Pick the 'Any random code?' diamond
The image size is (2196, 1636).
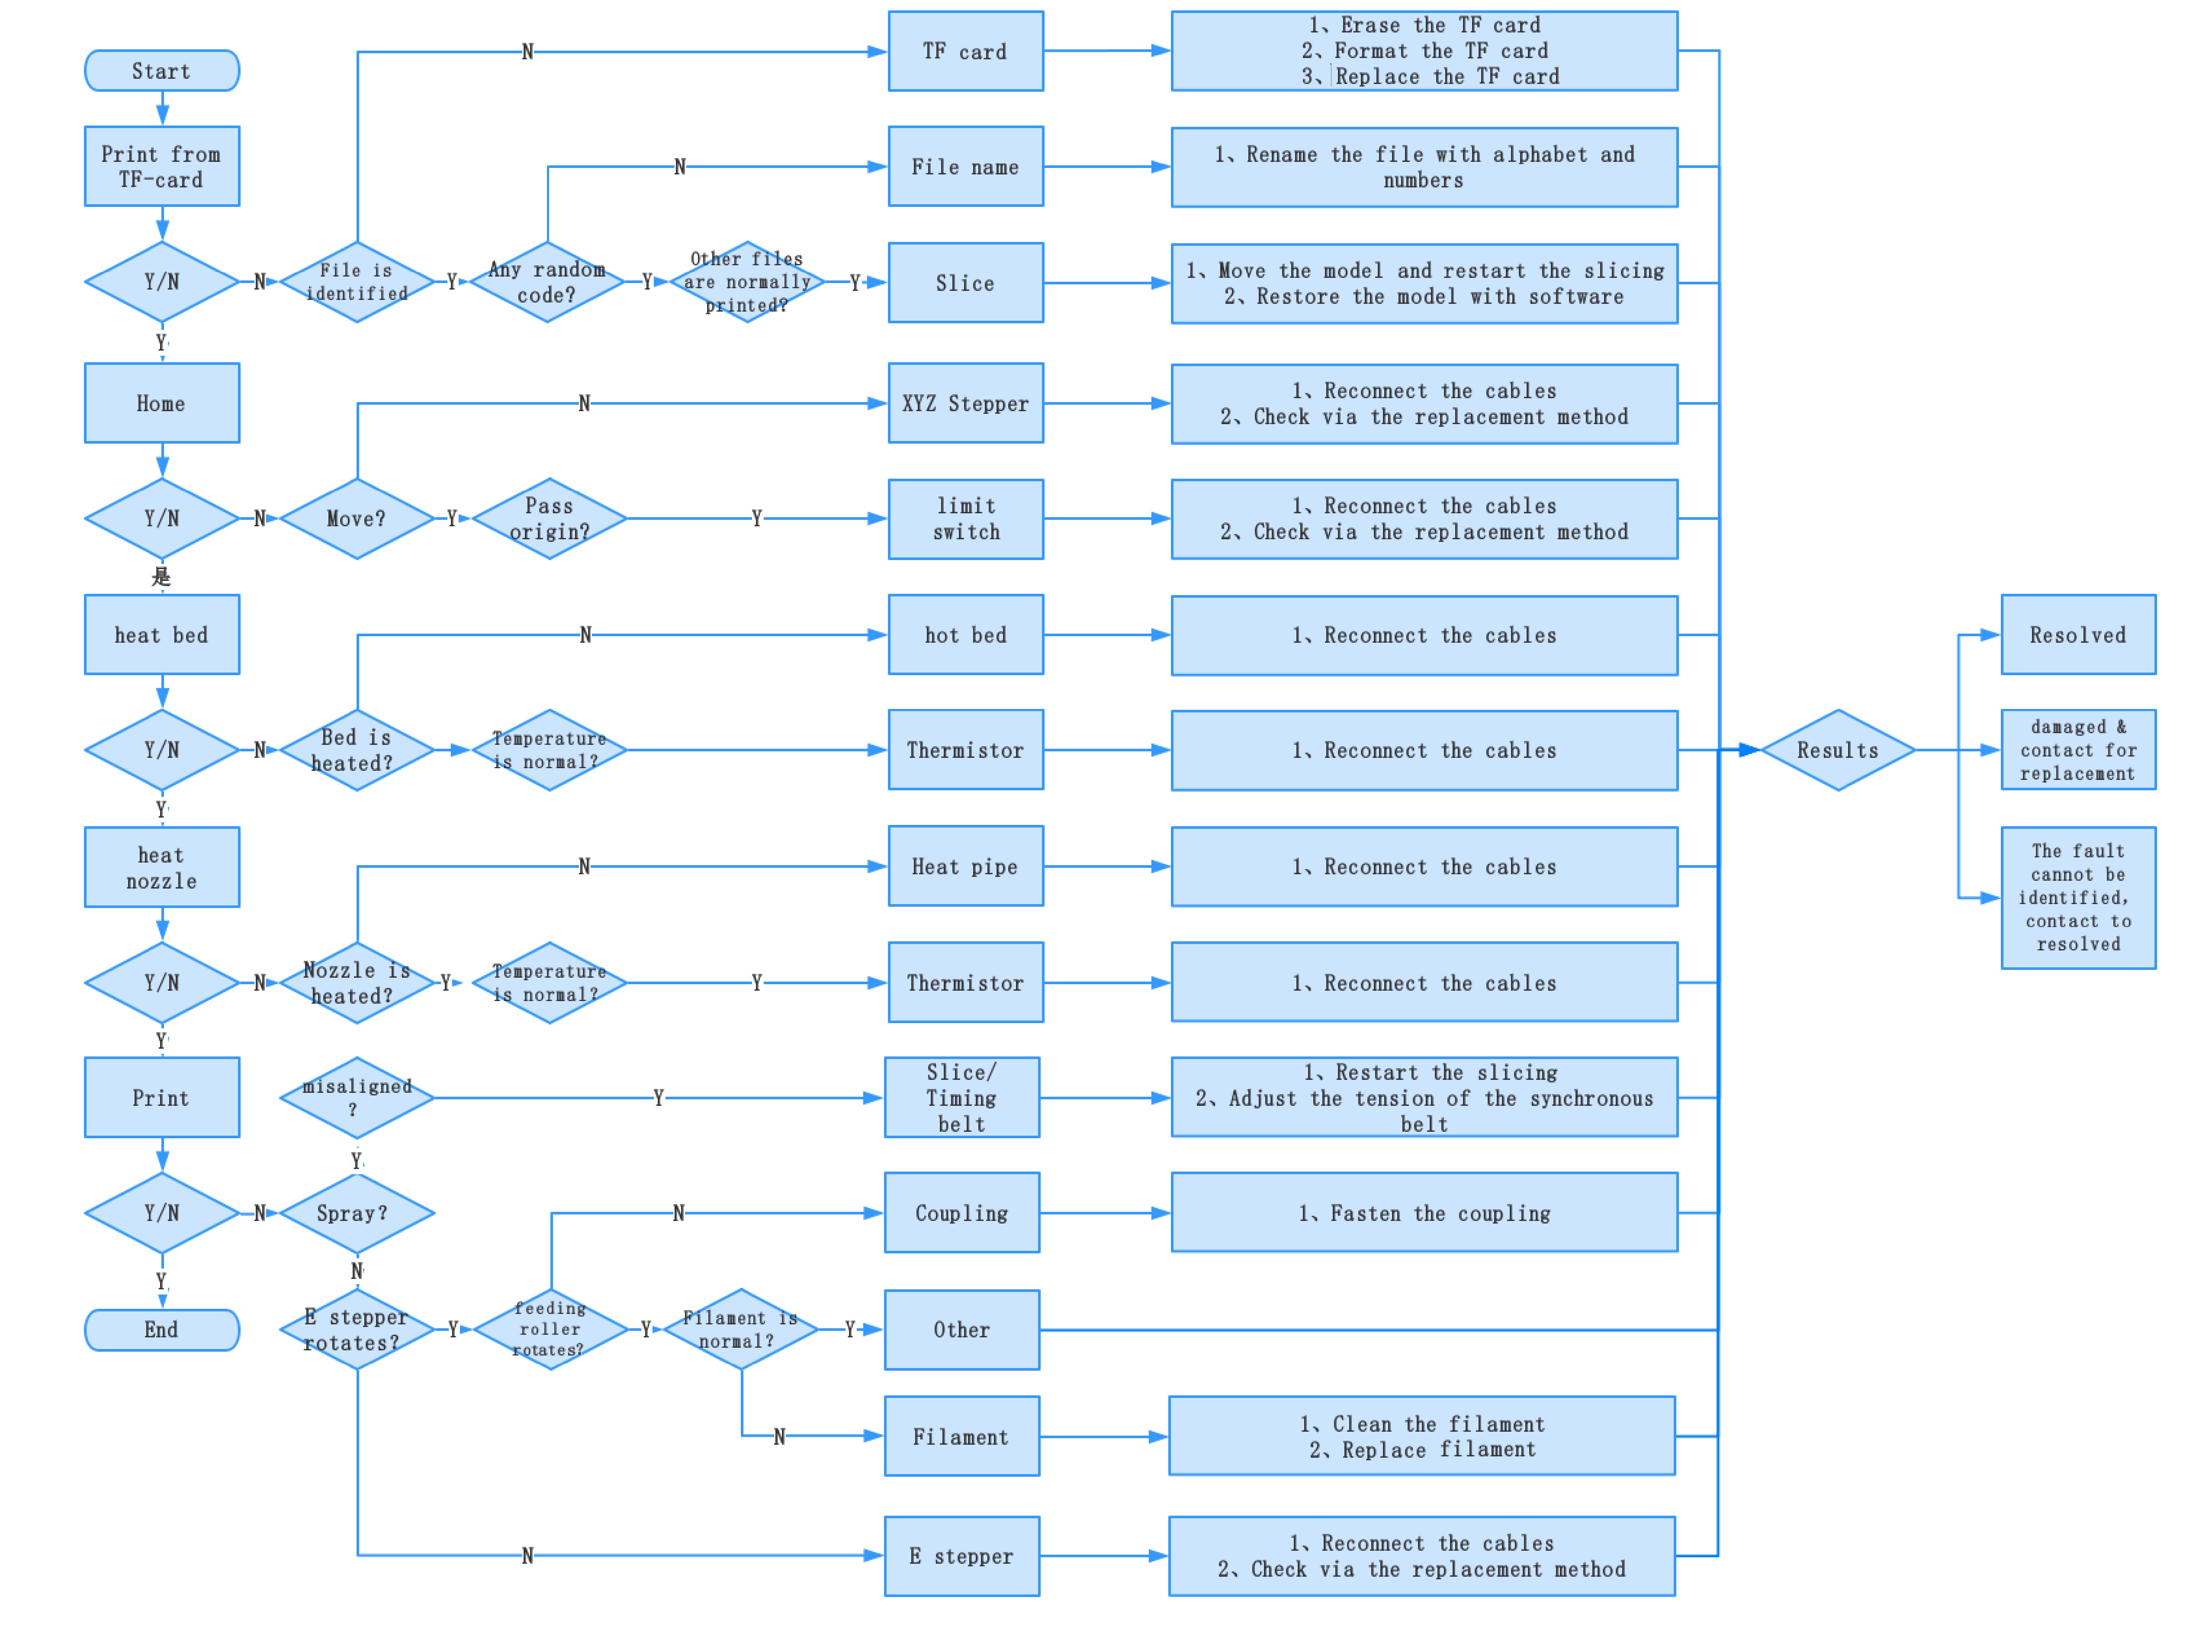click(x=547, y=282)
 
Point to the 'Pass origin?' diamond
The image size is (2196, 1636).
click(x=550, y=519)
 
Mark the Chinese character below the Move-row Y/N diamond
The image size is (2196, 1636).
click(x=161, y=576)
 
